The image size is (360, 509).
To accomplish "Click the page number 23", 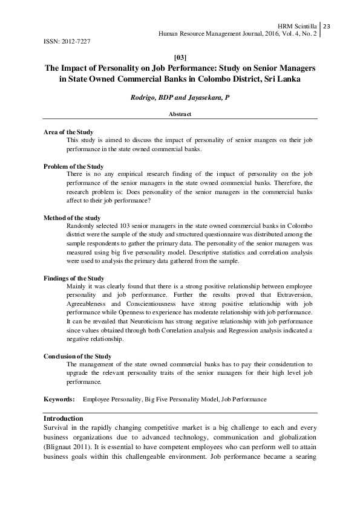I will (x=327, y=27).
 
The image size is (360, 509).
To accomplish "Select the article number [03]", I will (x=180, y=57).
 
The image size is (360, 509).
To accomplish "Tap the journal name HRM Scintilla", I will (x=297, y=27).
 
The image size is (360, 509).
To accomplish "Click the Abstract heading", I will (x=180, y=114).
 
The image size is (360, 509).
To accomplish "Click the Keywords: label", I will (x=59, y=400).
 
